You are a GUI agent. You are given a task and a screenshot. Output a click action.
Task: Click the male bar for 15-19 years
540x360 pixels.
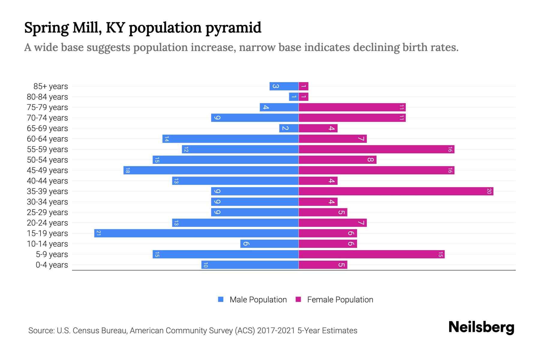click(196, 233)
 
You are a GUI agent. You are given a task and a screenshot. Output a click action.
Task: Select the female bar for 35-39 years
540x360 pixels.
click(396, 191)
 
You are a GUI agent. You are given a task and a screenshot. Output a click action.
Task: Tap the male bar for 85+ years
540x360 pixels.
click(284, 86)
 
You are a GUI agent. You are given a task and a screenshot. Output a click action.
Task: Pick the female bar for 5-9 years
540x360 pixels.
click(371, 254)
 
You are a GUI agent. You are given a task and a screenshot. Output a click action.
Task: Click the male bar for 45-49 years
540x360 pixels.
click(211, 170)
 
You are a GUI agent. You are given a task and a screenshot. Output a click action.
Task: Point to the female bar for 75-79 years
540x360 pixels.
click(352, 107)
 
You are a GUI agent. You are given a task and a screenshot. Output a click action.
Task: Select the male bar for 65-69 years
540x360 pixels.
click(289, 128)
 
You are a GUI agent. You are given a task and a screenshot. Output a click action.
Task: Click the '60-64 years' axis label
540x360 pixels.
click(47, 139)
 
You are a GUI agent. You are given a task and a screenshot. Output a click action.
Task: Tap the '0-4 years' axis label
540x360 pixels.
click(52, 265)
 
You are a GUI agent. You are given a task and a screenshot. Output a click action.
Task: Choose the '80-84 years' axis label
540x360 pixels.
click(47, 97)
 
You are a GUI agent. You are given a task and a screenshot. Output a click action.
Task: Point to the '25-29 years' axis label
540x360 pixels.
click(47, 212)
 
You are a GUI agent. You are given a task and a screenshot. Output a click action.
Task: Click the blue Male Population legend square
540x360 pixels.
click(221, 299)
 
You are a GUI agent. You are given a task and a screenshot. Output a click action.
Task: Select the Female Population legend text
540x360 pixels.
click(340, 300)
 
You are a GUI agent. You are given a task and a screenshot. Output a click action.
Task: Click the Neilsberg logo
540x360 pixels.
click(481, 327)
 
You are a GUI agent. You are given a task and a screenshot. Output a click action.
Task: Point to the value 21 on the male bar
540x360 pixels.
click(98, 233)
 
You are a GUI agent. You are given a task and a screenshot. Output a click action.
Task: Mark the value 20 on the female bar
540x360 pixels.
click(489, 191)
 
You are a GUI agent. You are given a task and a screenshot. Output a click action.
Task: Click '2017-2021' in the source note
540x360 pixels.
click(276, 331)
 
